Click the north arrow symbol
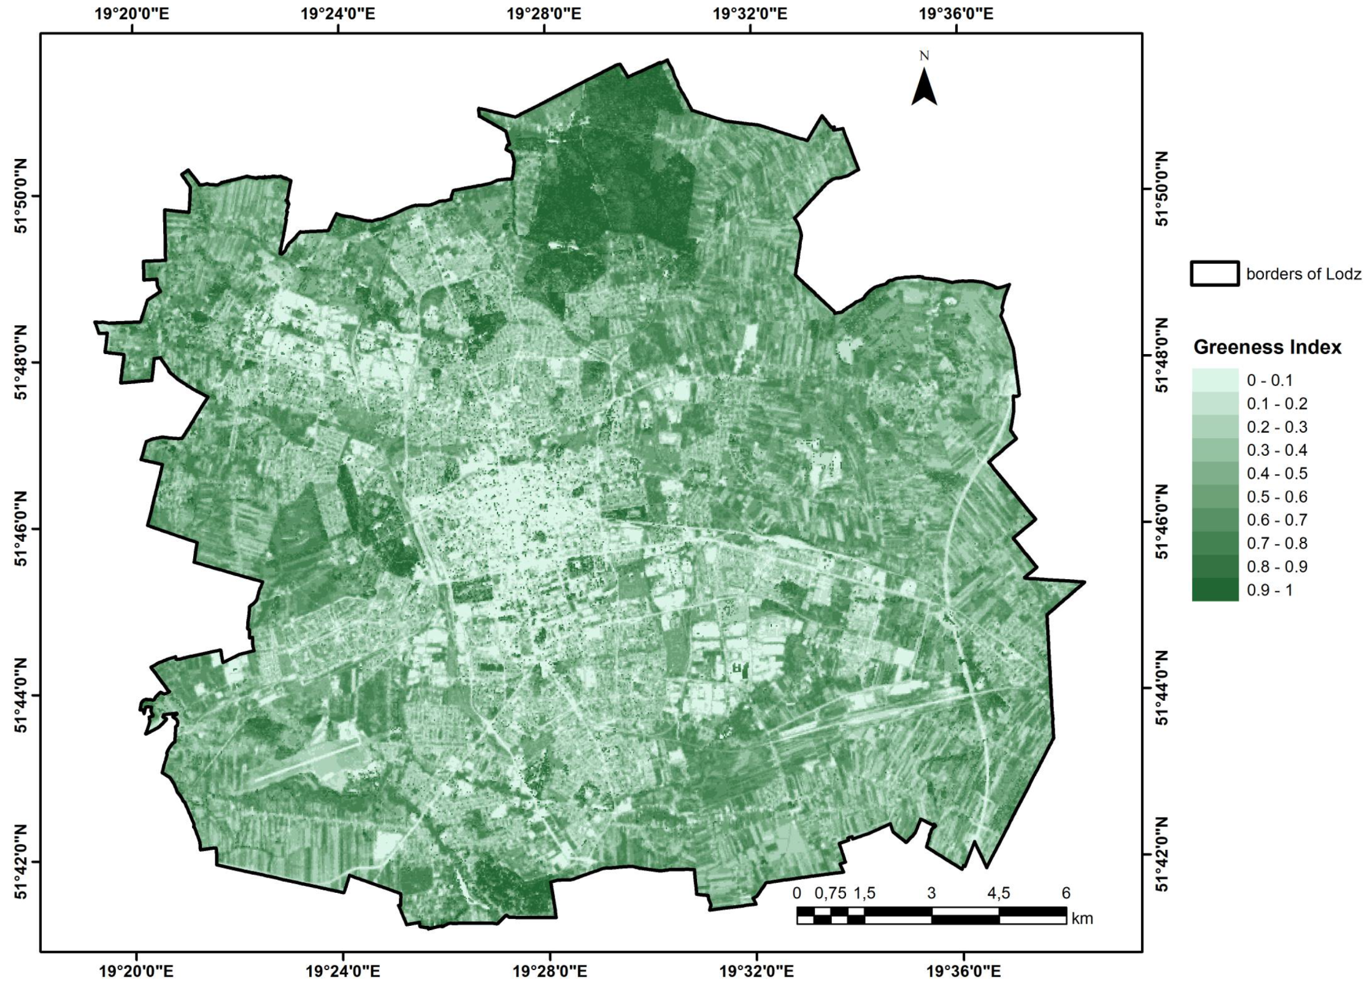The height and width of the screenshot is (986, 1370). pyautogui.click(x=924, y=88)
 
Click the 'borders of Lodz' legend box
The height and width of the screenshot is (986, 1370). pyautogui.click(x=1215, y=274)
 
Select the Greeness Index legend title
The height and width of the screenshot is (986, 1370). pyautogui.click(x=1268, y=347)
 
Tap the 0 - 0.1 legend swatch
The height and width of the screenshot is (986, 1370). pyautogui.click(x=1215, y=380)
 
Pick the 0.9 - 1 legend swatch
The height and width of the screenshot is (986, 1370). pyautogui.click(x=1215, y=590)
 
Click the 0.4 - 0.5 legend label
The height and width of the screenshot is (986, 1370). pyautogui.click(x=1277, y=474)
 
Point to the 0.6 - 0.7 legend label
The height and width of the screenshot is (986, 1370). pyautogui.click(x=1277, y=520)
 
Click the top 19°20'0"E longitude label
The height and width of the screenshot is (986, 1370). pyautogui.click(x=131, y=13)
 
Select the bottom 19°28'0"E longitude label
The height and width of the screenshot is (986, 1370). pyautogui.click(x=550, y=971)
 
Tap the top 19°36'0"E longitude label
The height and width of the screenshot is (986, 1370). pyautogui.click(x=956, y=13)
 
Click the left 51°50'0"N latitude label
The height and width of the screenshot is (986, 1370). pyautogui.click(x=21, y=196)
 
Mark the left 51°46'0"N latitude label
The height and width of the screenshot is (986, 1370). pyautogui.click(x=21, y=529)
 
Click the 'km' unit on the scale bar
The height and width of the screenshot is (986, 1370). pyautogui.click(x=1082, y=919)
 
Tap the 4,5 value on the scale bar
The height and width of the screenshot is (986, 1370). pyautogui.click(x=998, y=893)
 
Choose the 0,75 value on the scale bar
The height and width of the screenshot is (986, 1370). pyautogui.click(x=830, y=893)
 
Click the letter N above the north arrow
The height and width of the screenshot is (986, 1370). pyautogui.click(x=924, y=56)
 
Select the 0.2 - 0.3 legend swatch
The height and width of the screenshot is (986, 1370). pyautogui.click(x=1215, y=427)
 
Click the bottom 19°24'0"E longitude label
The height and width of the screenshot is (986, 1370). pyautogui.click(x=342, y=971)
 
